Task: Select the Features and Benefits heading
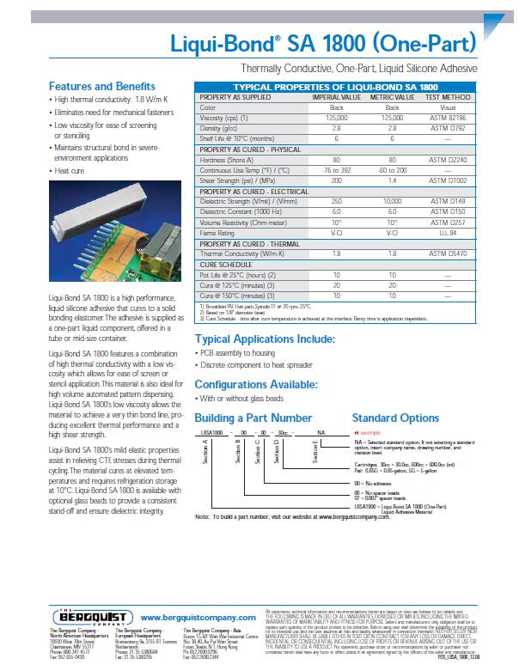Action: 101,86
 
